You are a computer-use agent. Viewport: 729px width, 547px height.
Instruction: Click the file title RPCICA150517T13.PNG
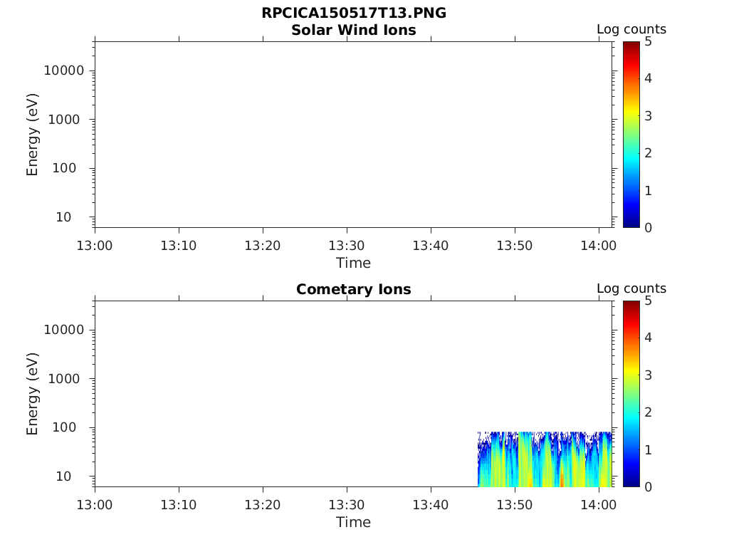point(354,13)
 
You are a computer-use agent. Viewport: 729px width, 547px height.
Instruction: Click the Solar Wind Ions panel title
point(354,30)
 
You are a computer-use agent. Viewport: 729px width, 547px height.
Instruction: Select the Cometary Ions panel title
point(354,289)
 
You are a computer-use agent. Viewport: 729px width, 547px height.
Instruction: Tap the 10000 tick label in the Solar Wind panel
point(64,71)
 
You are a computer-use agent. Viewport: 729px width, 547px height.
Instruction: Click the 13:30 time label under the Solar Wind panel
point(347,246)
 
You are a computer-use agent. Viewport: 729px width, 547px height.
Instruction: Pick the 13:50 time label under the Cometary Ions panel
point(515,505)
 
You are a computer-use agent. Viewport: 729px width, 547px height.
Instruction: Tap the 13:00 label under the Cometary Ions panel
point(95,505)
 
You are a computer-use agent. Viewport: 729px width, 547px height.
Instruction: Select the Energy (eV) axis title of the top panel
point(32,135)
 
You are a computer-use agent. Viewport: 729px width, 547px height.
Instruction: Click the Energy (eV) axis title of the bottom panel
point(32,394)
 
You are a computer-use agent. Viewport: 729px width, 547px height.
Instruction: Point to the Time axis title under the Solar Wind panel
point(354,263)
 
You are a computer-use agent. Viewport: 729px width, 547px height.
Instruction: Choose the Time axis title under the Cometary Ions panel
point(354,522)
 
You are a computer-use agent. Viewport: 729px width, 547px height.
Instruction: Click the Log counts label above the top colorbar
point(631,29)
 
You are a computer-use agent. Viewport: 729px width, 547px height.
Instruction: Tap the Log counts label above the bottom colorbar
point(631,288)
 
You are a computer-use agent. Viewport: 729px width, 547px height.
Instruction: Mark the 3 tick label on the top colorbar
point(648,116)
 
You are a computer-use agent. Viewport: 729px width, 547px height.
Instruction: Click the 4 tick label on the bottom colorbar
point(648,338)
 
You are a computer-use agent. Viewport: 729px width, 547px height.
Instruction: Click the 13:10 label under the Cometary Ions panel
point(179,505)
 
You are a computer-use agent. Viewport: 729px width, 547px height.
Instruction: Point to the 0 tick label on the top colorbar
point(648,227)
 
